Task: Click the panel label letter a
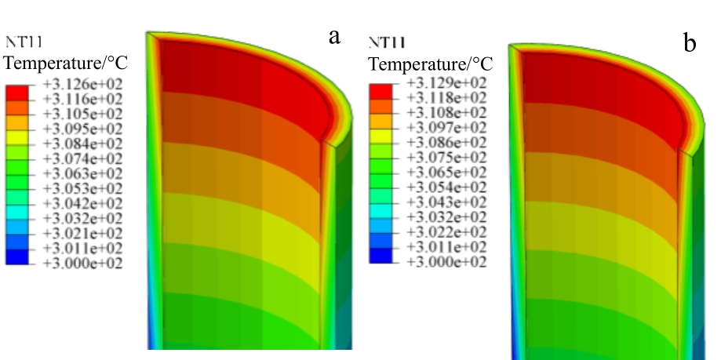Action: point(334,36)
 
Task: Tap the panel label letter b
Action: point(690,44)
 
